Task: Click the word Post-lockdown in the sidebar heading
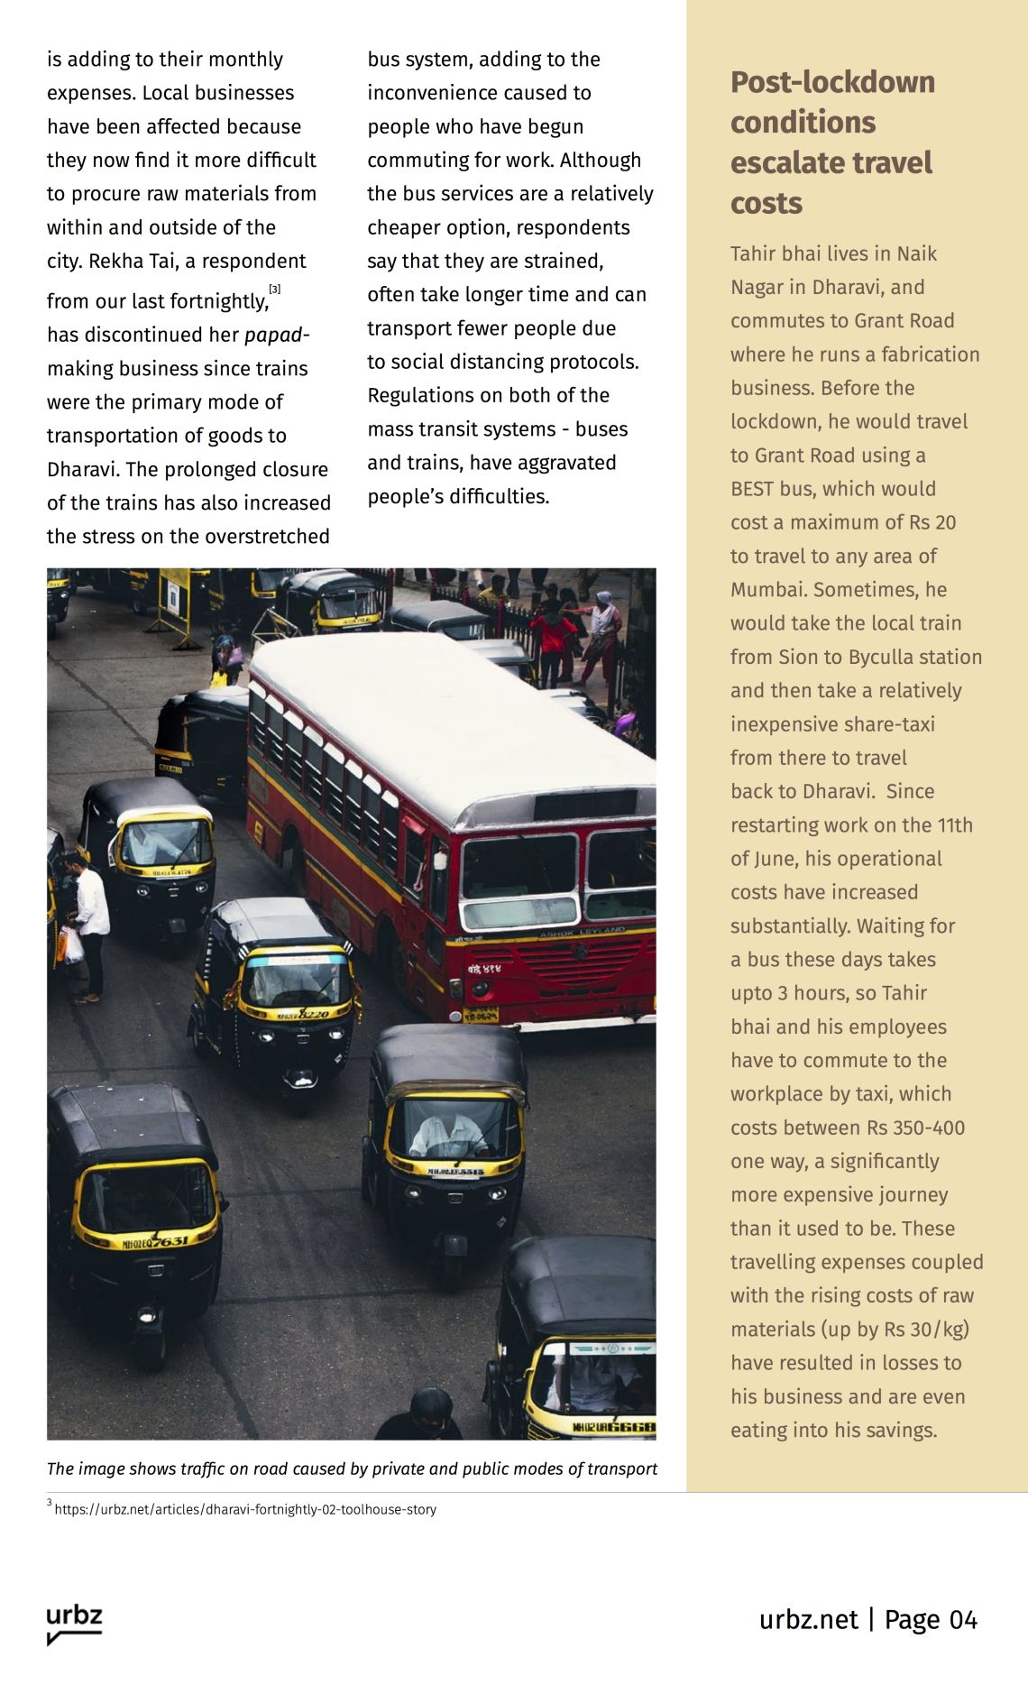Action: [831, 82]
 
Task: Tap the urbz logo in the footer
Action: [74, 1623]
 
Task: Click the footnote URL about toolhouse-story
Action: [245, 1509]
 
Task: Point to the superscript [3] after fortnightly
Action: [275, 290]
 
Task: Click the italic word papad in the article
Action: [273, 335]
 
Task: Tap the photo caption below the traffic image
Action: [352, 1468]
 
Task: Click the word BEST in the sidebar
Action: [752, 489]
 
